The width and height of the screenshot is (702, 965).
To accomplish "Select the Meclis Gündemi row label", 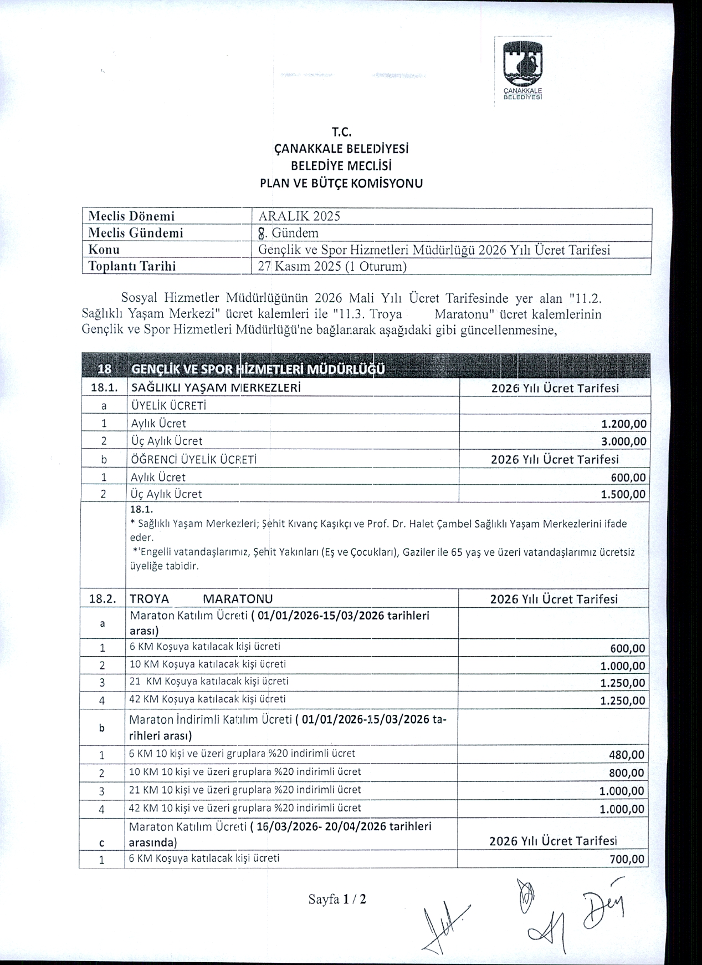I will [x=136, y=233].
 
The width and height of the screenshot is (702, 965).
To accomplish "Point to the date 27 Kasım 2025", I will [x=299, y=266].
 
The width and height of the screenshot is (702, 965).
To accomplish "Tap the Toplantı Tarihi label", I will [x=132, y=266].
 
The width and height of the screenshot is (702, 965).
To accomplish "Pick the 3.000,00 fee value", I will [x=623, y=441].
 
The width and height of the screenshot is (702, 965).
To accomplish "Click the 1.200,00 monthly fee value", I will [x=623, y=424].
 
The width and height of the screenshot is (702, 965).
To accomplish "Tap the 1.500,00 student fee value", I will [x=623, y=495].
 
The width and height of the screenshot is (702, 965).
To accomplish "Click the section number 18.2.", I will [x=103, y=599].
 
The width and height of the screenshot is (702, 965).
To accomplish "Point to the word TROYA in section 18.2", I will [x=150, y=599].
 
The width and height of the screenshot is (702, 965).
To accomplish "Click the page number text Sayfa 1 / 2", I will [x=337, y=899].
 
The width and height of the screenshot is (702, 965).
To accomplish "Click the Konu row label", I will [x=105, y=250].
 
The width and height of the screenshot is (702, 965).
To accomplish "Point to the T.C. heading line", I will [x=342, y=132].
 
